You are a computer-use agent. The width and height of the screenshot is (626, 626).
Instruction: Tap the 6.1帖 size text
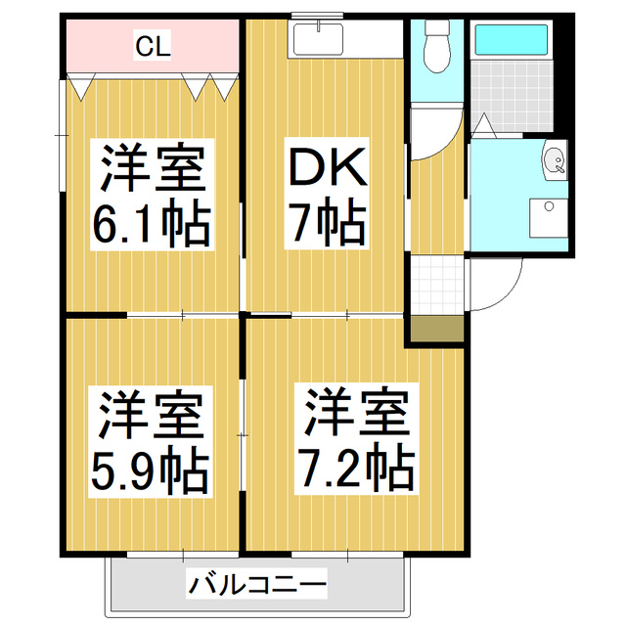[152, 226]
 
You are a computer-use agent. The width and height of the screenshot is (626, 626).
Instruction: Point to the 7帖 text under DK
[326, 226]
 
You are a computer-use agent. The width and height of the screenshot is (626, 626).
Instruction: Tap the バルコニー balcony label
[257, 588]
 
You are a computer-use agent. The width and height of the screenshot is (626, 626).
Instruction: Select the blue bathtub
[511, 40]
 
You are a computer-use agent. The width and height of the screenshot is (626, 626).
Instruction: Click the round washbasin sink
[554, 160]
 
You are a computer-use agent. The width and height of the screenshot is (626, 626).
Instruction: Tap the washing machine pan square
[548, 217]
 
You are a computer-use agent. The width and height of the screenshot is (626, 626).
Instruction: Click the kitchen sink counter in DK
[318, 40]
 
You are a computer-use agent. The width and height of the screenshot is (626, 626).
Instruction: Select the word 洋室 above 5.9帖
[152, 415]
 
